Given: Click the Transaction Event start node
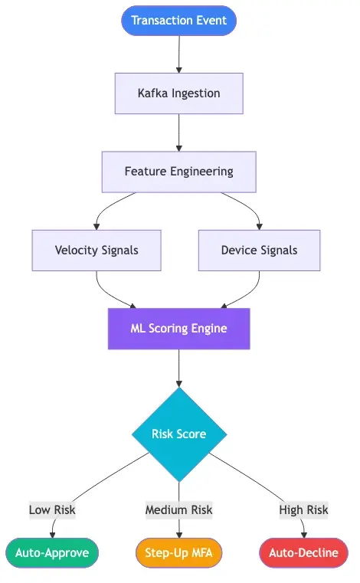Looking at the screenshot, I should coord(178,20).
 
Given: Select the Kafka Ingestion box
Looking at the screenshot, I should coord(178,93).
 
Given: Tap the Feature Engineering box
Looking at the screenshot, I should coord(178,172).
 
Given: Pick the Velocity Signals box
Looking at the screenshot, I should coord(97,250).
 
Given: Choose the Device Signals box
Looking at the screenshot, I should coord(259,250).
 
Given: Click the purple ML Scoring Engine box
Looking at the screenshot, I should coord(178,328).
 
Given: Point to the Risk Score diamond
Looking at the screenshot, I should coord(178,434).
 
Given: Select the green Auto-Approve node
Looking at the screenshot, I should coord(52,552).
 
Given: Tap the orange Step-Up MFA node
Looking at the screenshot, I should coord(178,552).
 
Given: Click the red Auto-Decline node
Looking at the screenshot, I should coord(303,552).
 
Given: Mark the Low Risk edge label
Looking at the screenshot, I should coord(52,509).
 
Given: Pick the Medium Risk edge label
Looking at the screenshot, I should coord(178,509).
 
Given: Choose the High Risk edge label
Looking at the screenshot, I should coord(303,509).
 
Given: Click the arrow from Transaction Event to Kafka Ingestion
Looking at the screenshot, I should coord(178,54).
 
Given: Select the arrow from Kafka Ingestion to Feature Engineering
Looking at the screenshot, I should coord(178,132).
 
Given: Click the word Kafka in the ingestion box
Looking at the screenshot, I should coord(152,93).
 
